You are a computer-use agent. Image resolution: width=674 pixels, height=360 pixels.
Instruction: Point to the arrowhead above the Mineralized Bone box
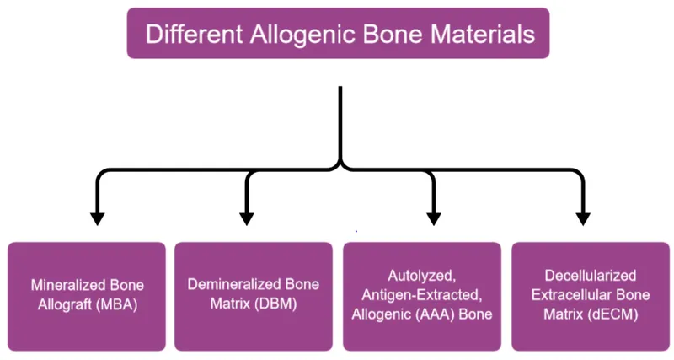coord(97,218)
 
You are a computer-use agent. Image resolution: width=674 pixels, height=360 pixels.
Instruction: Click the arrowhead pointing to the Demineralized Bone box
coord(247,218)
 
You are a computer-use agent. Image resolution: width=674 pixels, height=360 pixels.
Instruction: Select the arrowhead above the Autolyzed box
coord(433,218)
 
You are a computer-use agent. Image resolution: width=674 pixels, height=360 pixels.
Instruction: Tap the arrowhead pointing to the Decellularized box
coord(582,218)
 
